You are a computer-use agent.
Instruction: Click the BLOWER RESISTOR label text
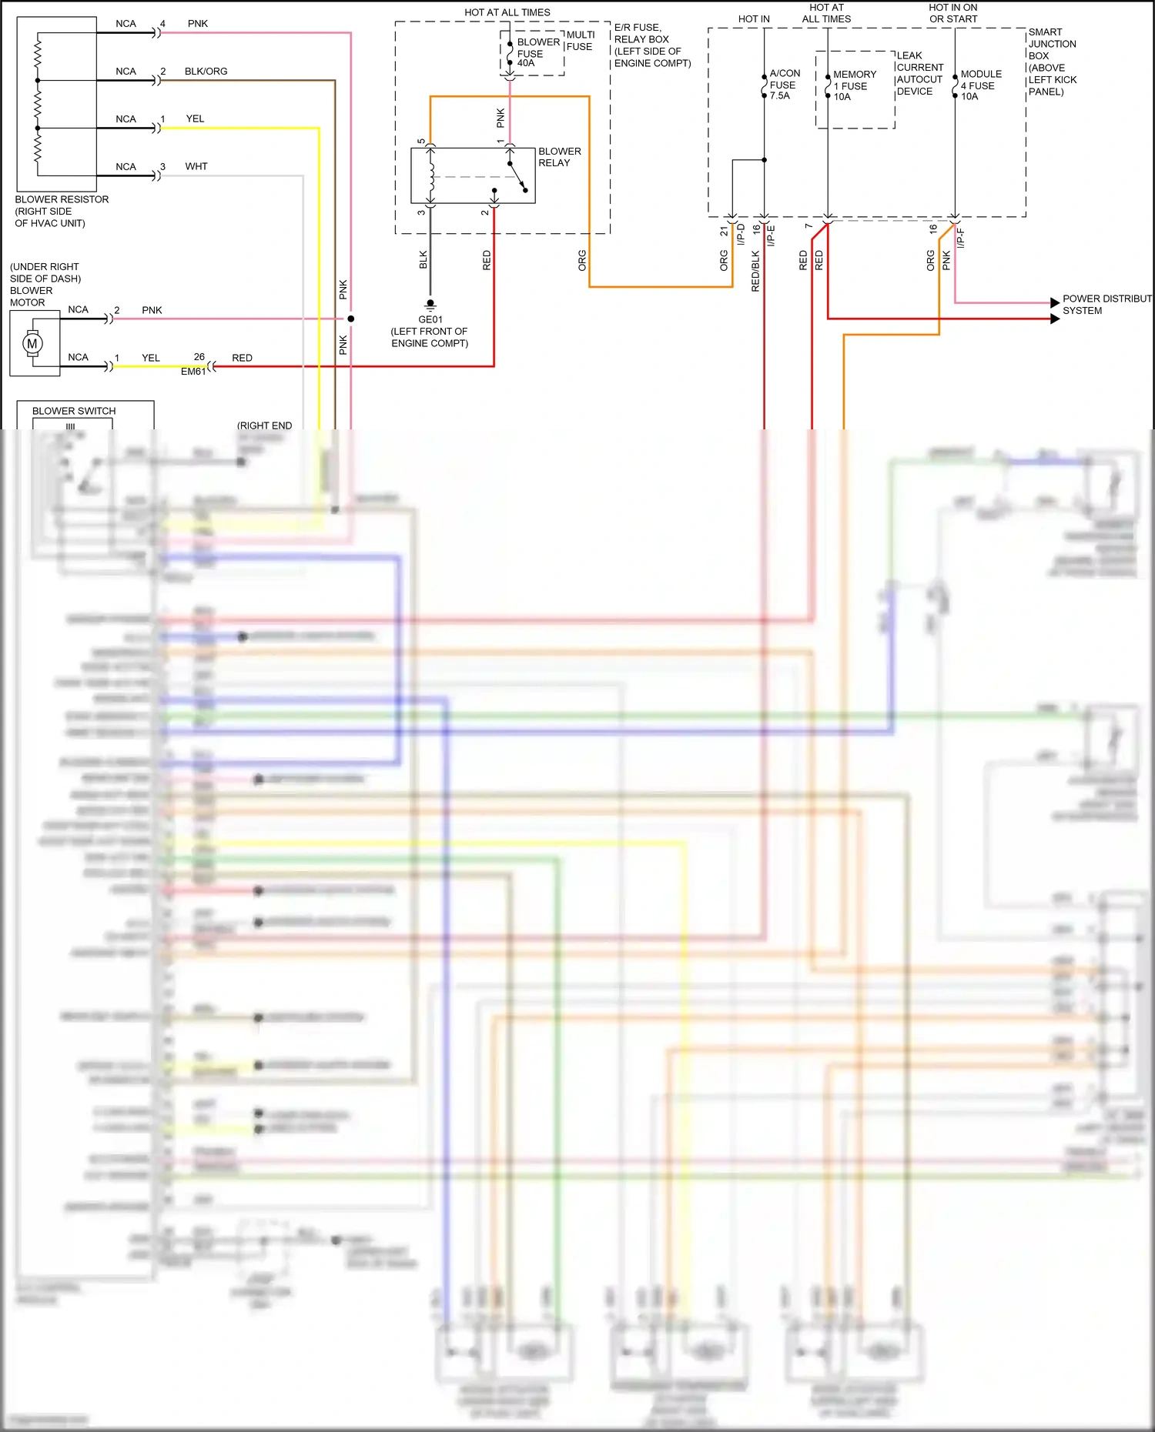coord(62,199)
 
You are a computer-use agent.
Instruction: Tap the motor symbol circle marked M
coord(32,343)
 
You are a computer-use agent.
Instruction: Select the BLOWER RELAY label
coord(559,157)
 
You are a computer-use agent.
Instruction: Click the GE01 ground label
coord(430,319)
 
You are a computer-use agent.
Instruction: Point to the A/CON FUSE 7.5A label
coord(784,85)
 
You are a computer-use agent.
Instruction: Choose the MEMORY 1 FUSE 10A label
coord(854,85)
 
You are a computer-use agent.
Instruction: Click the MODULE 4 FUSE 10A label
coord(980,85)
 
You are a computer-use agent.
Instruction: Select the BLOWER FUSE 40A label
coord(537,52)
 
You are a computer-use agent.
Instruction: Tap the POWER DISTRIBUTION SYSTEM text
coord(1105,305)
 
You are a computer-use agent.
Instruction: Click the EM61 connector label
coord(193,372)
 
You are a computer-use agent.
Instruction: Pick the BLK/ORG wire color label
coord(206,72)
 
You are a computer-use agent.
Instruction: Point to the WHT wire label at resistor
coord(196,166)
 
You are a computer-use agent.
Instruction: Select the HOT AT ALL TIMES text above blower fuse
coord(507,12)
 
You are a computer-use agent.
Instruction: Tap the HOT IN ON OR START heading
coord(952,13)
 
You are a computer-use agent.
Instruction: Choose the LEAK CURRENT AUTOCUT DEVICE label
coord(919,73)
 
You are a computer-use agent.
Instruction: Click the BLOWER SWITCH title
coord(74,411)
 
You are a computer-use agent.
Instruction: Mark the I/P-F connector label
coord(960,238)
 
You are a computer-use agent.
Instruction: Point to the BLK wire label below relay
coord(423,259)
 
